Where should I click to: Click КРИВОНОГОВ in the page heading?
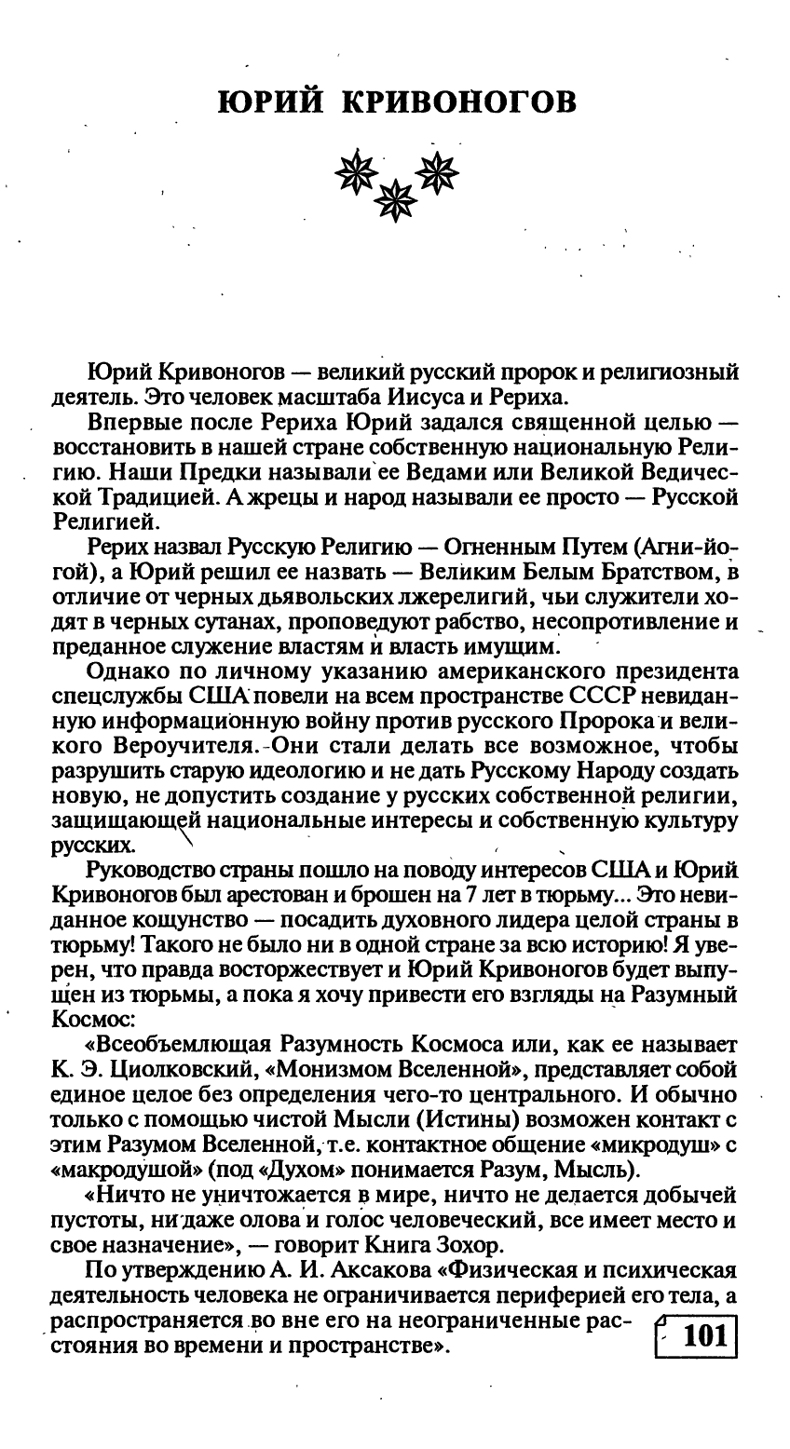457,102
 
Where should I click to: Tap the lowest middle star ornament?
399,198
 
